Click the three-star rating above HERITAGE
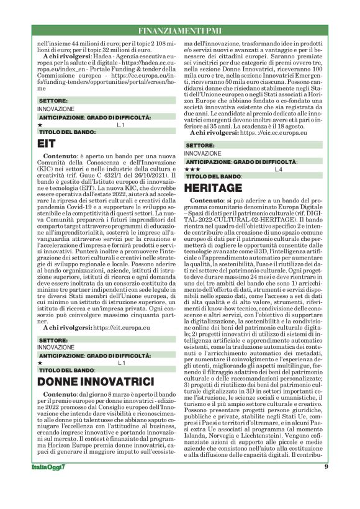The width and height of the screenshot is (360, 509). (x=192, y=169)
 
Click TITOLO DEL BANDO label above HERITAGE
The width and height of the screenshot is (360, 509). (x=213, y=176)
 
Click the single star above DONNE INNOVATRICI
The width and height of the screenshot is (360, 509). (x=40, y=363)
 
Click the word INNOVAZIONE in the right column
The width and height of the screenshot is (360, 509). (x=202, y=153)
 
